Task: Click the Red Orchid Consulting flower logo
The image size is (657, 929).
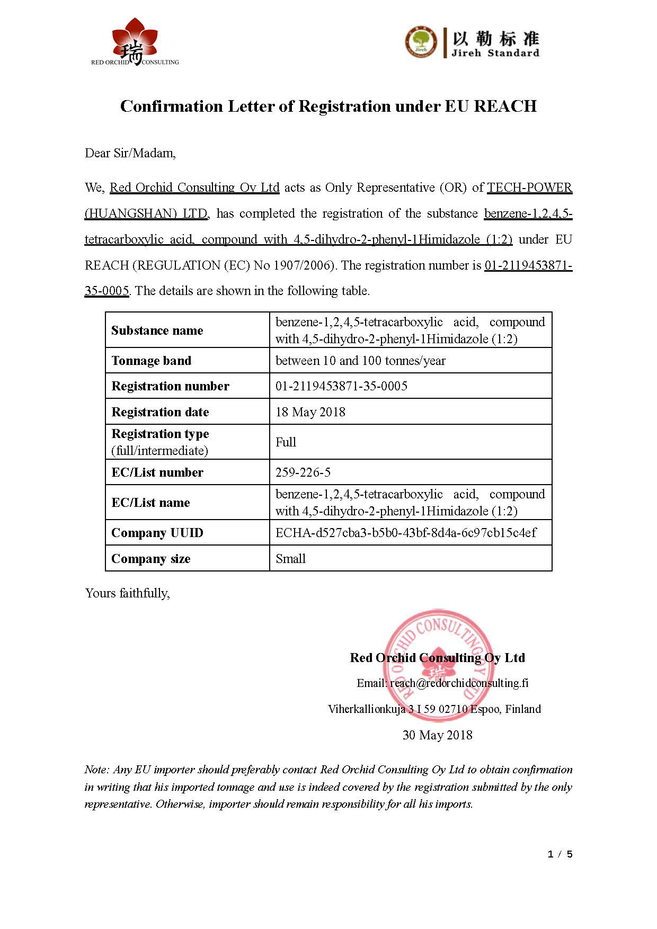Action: tap(135, 41)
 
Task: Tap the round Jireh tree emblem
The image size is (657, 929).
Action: tap(421, 42)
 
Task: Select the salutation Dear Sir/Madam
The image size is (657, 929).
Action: tap(130, 153)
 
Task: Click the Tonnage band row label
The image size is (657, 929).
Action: tap(151, 361)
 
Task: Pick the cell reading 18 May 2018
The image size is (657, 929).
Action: tap(310, 412)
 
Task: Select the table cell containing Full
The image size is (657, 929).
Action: tap(286, 442)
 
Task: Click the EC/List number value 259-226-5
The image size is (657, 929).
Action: tap(303, 472)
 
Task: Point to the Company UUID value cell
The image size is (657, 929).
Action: tap(406, 532)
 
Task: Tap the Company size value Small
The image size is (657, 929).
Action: tap(290, 558)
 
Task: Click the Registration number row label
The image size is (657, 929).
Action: tap(170, 386)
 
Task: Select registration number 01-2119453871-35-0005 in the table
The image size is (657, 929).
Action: tap(341, 386)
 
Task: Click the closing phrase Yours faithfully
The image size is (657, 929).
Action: tap(127, 593)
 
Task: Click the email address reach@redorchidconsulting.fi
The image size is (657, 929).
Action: tap(459, 683)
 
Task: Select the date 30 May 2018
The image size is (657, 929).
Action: tap(437, 735)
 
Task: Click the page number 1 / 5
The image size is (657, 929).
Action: tap(560, 854)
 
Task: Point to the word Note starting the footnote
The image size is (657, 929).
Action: tap(96, 769)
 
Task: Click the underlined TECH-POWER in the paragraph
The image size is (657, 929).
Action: tap(529, 187)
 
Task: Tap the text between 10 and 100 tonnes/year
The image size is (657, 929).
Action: tap(360, 361)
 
